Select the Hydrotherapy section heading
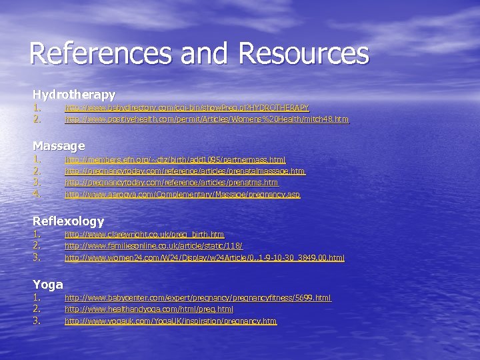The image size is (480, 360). [74, 95]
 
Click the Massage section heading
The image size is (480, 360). [59, 145]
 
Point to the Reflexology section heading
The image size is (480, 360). [69, 221]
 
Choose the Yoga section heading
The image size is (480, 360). [48, 285]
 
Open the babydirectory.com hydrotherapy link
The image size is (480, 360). [187, 108]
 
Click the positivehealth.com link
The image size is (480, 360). [206, 120]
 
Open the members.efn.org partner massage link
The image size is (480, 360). [175, 160]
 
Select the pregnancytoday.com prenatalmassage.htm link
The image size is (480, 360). [185, 171]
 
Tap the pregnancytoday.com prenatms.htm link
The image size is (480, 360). [171, 183]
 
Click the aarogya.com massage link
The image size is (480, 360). [182, 195]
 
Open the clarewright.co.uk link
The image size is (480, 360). [144, 235]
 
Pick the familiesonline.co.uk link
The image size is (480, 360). [153, 246]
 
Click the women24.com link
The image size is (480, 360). [204, 257]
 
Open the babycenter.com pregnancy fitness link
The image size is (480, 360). [197, 298]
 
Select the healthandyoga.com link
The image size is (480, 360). [149, 309]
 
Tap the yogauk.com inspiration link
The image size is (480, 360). [170, 321]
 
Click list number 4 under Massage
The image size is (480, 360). [37, 194]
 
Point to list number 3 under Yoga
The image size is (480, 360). [37, 321]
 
